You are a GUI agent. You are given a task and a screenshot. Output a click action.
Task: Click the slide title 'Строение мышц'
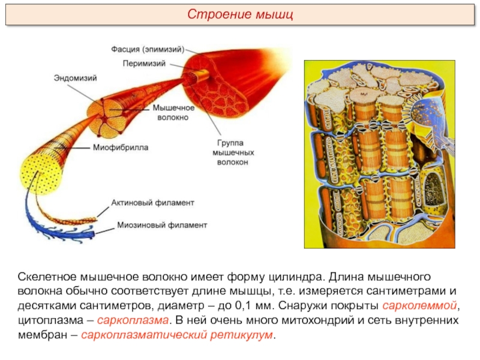click(240, 14)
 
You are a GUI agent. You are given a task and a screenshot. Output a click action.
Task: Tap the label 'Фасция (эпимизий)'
click(148, 49)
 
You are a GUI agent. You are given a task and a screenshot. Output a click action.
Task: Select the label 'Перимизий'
click(144, 64)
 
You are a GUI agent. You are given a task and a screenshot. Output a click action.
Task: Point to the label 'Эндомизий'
click(76, 78)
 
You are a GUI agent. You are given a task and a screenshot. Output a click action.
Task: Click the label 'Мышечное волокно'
click(173, 112)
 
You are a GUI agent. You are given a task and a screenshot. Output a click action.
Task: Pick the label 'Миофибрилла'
click(121, 147)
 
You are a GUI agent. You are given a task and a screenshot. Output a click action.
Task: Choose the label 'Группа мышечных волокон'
click(233, 152)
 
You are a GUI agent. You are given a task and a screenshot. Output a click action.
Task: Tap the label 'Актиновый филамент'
click(152, 203)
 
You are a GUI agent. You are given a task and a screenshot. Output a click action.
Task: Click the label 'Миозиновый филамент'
click(162, 225)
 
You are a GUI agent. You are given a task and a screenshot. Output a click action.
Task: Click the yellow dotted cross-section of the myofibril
click(39, 175)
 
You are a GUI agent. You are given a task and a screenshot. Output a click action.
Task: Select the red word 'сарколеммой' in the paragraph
click(419, 305)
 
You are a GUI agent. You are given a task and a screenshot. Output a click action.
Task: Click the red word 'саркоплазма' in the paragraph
click(133, 320)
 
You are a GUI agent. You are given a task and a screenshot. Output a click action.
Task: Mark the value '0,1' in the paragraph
click(244, 305)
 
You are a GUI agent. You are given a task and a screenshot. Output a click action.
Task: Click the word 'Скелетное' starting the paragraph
click(47, 277)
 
